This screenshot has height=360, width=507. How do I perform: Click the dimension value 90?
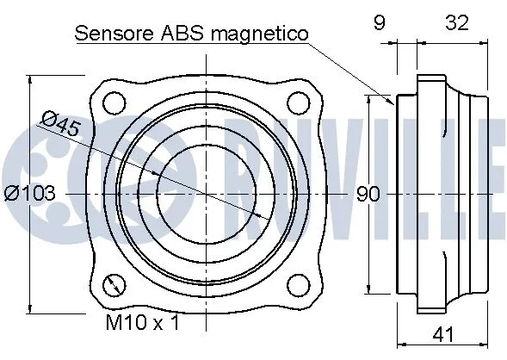(368, 195)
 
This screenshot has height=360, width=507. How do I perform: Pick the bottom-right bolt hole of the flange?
(297, 284)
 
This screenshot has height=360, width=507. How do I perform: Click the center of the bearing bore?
(205, 194)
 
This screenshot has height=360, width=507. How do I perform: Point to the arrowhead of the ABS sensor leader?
(392, 102)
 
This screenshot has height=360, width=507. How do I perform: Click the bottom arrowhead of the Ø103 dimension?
(31, 307)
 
